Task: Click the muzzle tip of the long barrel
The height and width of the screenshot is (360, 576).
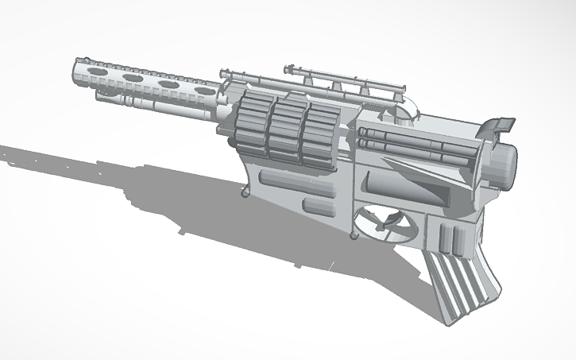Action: tap(78, 72)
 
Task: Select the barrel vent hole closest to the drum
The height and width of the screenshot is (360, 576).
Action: tap(168, 83)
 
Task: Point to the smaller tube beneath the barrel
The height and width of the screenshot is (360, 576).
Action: tap(151, 101)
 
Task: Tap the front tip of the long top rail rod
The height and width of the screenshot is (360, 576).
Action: tap(223, 72)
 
